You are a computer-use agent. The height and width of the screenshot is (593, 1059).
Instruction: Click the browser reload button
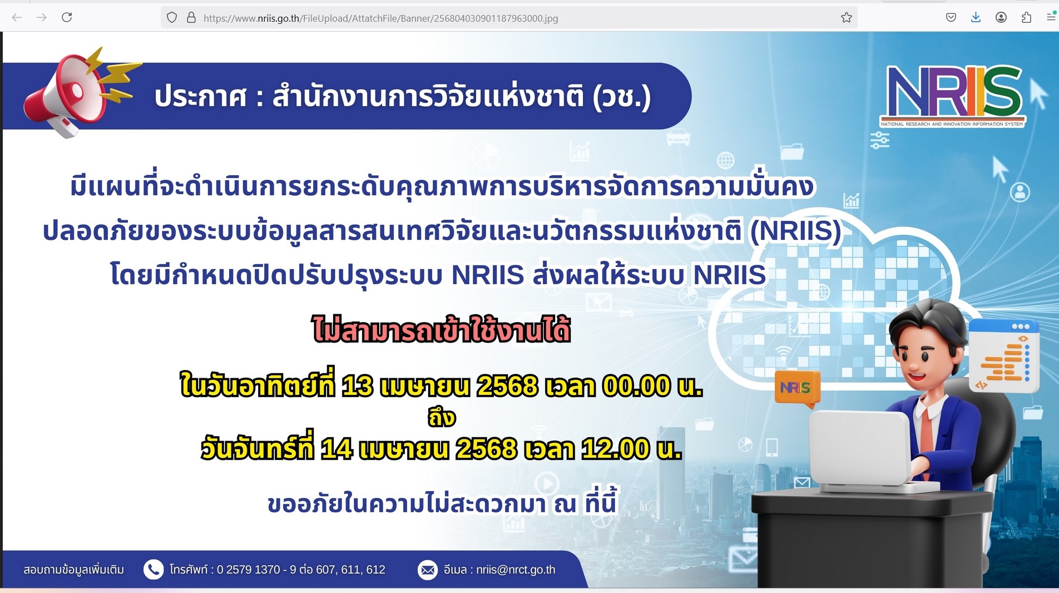pos(67,17)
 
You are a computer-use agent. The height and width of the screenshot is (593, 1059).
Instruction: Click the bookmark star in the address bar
pos(847,18)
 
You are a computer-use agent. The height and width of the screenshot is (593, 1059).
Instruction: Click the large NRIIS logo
pos(953,96)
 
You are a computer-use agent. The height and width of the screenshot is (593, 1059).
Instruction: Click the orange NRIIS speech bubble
pos(797,389)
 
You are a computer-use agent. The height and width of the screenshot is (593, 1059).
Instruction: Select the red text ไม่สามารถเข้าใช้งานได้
pos(442,329)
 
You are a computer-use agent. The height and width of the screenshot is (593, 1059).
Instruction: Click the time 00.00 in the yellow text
pos(636,386)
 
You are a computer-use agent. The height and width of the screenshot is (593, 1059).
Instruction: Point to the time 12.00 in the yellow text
pos(615,448)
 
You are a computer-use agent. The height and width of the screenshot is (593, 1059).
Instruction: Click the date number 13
pos(357,386)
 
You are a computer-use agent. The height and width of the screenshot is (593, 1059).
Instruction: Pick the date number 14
pos(336,448)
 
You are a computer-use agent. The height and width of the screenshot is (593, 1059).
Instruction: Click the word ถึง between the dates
pos(442,417)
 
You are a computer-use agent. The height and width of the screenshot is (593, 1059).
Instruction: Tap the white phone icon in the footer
pos(154,570)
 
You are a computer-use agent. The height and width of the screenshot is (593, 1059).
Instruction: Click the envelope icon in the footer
pos(428,570)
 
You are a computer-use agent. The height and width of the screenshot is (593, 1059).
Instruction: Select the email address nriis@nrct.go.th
pos(516,570)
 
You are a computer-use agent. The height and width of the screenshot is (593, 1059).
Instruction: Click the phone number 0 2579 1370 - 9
pos(256,570)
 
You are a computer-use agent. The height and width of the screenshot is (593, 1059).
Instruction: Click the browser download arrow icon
pos(976,17)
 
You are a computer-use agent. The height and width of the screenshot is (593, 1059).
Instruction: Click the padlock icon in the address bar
pos(191,18)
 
